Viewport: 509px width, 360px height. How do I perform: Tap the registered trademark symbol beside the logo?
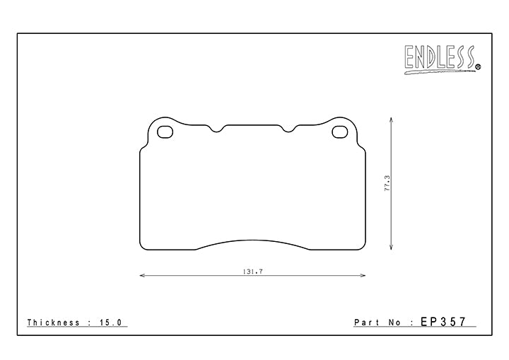click(477, 67)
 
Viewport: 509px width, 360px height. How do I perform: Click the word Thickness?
click(53, 323)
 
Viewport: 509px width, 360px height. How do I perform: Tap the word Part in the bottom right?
click(367, 323)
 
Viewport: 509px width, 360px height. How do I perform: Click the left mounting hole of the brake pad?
click(164, 131)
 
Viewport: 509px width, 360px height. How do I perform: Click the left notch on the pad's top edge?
click(218, 129)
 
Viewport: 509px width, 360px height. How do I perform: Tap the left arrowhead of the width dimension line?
click(141, 276)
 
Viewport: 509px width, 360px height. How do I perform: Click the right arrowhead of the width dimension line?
click(364, 276)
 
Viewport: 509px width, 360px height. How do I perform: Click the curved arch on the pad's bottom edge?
click(252, 240)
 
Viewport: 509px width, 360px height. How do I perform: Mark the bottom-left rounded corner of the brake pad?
click(142, 247)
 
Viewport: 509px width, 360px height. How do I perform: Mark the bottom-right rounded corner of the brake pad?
click(362, 247)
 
